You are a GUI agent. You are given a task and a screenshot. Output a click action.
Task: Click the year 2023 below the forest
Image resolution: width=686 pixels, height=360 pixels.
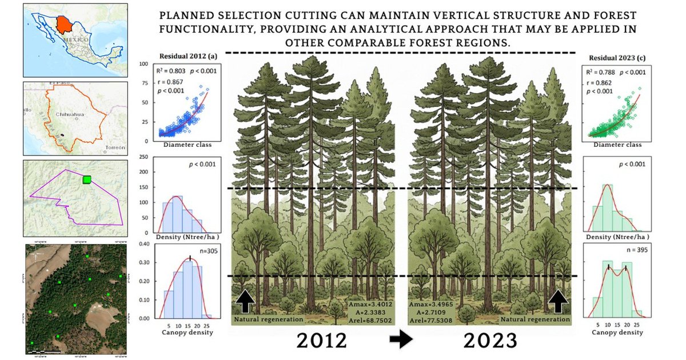click(x=490, y=341)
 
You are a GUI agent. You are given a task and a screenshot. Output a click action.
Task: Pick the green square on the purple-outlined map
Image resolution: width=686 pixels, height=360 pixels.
click(x=87, y=179)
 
